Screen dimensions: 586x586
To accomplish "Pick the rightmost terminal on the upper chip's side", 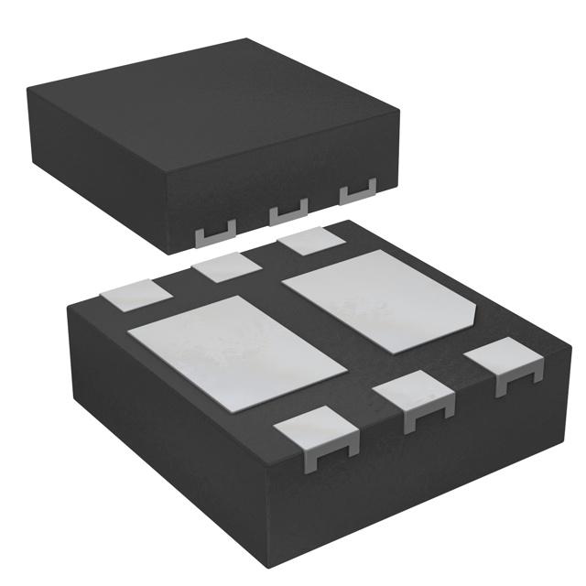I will pyautogui.click(x=358, y=192).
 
